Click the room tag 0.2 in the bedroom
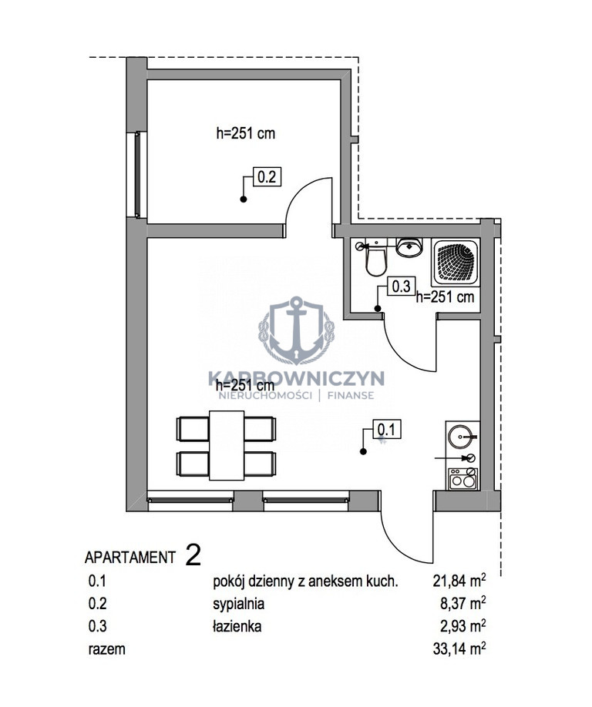coord(267,176)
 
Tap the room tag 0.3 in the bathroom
coord(401,286)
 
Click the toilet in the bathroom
coord(375,259)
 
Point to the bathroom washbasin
coord(409,247)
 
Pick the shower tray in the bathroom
coord(456,263)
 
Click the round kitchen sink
coord(461,437)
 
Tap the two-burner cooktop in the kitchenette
coord(462,479)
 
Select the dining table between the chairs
coord(227,445)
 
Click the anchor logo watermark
coord(297,330)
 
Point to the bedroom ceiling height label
coord(245,133)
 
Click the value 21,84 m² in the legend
coord(459,581)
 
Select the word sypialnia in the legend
coord(239,605)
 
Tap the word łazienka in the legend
coord(237,626)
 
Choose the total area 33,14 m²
coord(459,648)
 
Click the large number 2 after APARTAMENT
coord(193,555)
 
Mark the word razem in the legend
coord(106,649)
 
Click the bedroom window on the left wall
coord(139,175)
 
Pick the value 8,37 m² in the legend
coord(463,605)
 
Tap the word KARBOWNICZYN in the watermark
coord(297,378)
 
